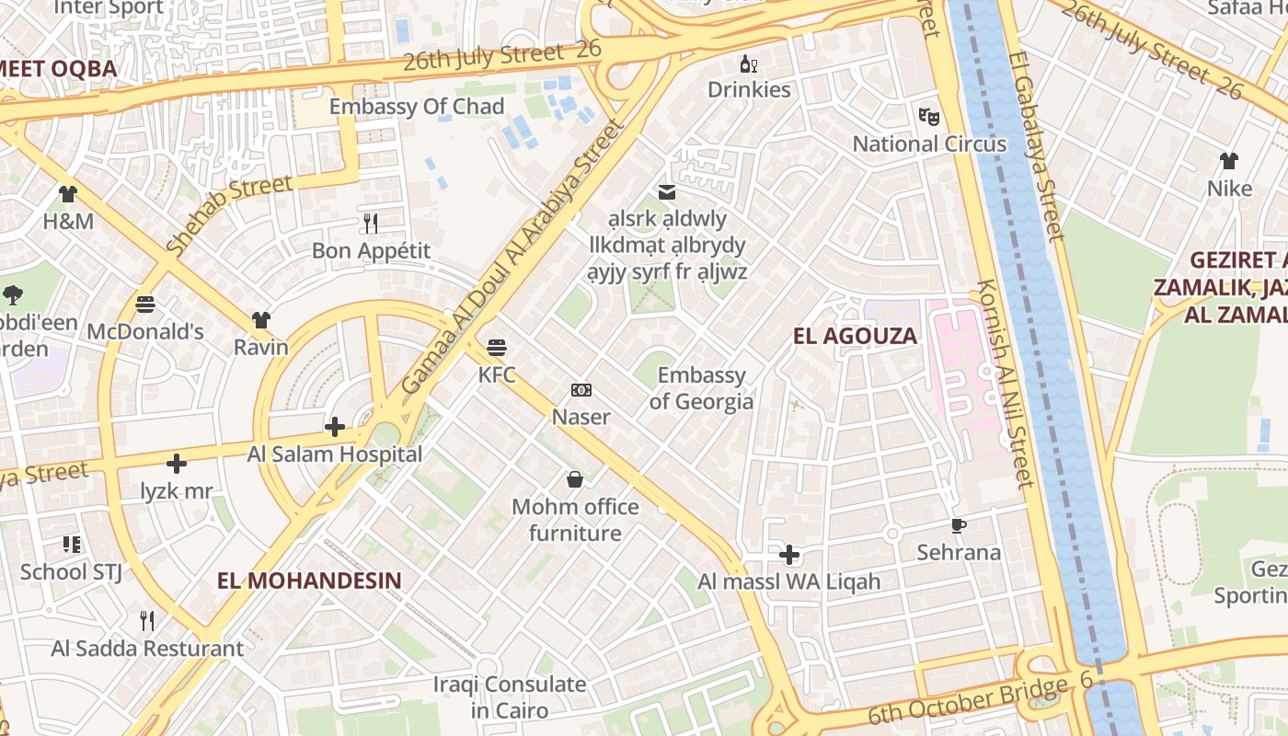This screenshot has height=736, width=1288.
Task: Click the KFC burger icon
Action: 497,348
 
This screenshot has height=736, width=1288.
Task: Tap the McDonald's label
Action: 145,331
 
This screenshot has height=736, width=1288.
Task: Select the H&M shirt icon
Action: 68,194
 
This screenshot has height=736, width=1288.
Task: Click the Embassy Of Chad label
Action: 417,107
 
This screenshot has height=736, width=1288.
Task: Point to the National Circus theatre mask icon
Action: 929,117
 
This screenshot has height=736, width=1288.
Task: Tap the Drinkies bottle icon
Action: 749,63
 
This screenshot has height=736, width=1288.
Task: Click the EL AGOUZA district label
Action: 855,336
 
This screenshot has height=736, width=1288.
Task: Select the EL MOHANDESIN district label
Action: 309,581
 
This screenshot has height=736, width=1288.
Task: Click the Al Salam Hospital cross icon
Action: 335,427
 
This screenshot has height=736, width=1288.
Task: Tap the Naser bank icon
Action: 581,390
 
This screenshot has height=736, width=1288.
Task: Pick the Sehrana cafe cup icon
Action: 958,525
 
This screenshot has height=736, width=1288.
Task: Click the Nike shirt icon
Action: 1229,161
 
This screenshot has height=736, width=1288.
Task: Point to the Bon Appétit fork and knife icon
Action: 371,223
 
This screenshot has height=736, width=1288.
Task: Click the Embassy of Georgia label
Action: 701,388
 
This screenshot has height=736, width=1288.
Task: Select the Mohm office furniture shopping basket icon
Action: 575,479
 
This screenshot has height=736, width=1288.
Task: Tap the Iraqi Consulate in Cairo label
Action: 509,697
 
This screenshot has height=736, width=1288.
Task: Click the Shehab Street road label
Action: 229,213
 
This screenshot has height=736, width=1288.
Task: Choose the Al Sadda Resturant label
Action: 147,649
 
